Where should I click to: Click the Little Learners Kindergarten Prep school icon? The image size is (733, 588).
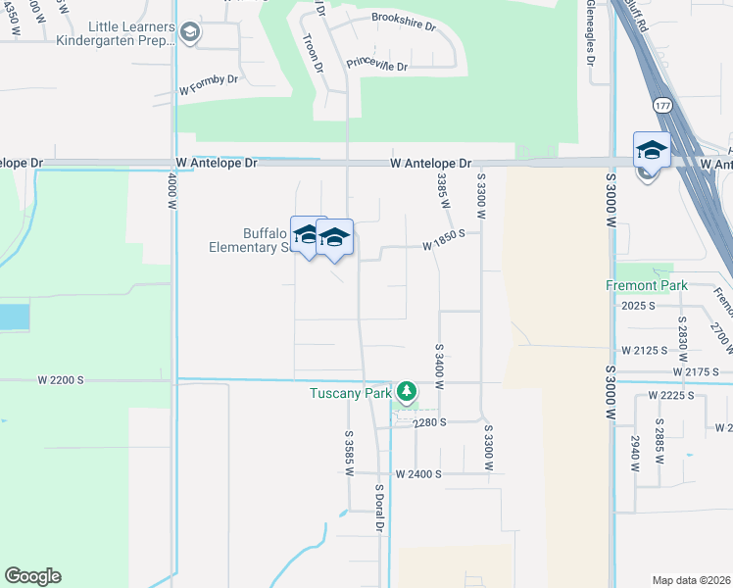(190, 34)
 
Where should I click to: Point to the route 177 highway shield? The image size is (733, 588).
(661, 105)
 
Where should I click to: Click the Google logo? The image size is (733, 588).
(32, 576)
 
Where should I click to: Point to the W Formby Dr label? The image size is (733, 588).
(209, 89)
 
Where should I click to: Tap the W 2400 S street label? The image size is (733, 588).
(419, 473)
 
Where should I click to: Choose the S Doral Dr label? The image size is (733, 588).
(378, 508)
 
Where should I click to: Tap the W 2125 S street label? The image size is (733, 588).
(644, 349)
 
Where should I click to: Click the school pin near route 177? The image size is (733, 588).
(651, 151)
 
